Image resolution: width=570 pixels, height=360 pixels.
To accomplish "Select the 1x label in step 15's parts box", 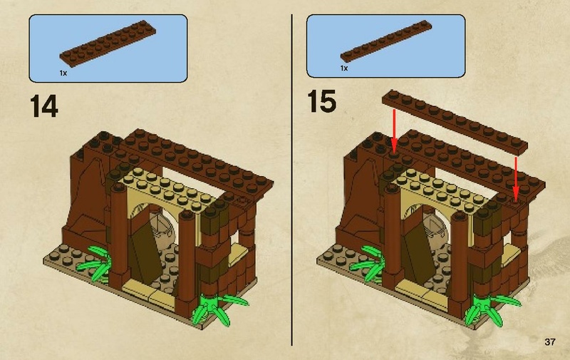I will (x=345, y=68).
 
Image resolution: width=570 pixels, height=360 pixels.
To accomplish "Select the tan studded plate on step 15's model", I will (x=435, y=184).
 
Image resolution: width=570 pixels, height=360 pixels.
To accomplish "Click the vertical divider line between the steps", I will (x=293, y=178).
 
